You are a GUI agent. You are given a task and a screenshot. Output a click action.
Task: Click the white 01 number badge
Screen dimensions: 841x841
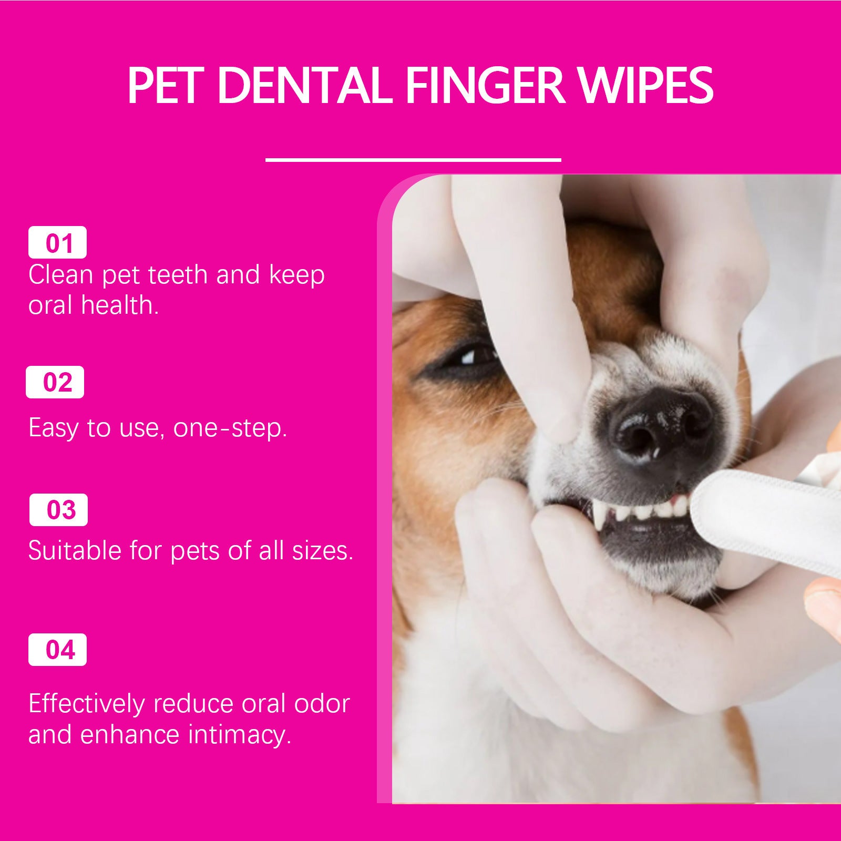click(x=57, y=243)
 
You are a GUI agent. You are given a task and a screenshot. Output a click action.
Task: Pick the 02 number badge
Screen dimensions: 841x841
click(x=55, y=382)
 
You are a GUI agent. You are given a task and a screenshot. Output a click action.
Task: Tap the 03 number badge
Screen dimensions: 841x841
click(x=58, y=510)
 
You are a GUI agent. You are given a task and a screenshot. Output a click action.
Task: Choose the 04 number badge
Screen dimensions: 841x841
click(x=57, y=650)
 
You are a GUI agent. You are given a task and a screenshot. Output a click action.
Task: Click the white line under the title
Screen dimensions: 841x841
click(x=413, y=159)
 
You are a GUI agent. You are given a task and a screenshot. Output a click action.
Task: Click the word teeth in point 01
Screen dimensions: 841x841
click(x=178, y=275)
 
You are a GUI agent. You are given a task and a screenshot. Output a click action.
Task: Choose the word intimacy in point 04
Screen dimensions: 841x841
click(x=239, y=734)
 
